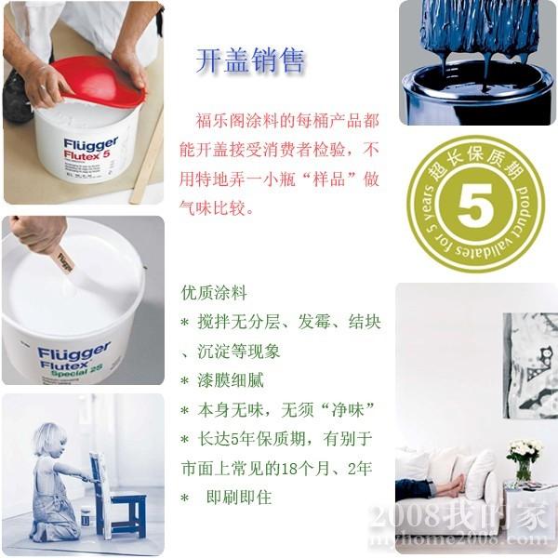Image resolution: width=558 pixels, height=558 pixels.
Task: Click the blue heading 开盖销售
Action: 250,60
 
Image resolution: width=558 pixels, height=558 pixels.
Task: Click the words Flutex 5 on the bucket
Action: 86,155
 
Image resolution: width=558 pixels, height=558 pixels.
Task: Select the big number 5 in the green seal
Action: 474,206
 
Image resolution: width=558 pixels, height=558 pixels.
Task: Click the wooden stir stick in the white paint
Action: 64,259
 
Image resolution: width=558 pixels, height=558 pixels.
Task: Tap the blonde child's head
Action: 49,439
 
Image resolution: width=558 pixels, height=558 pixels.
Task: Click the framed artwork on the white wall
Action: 530,365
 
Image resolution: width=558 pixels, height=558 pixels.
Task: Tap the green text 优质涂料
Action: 214,293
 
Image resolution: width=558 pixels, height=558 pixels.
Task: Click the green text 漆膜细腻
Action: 231,380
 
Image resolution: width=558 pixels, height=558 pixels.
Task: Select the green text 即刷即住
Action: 239,498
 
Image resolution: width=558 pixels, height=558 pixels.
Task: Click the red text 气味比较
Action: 213,207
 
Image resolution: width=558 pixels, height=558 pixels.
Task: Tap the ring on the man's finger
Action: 43,87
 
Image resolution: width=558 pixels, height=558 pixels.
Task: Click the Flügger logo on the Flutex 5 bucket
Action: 91,144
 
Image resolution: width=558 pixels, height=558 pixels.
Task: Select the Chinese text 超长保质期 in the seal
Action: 476,161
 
